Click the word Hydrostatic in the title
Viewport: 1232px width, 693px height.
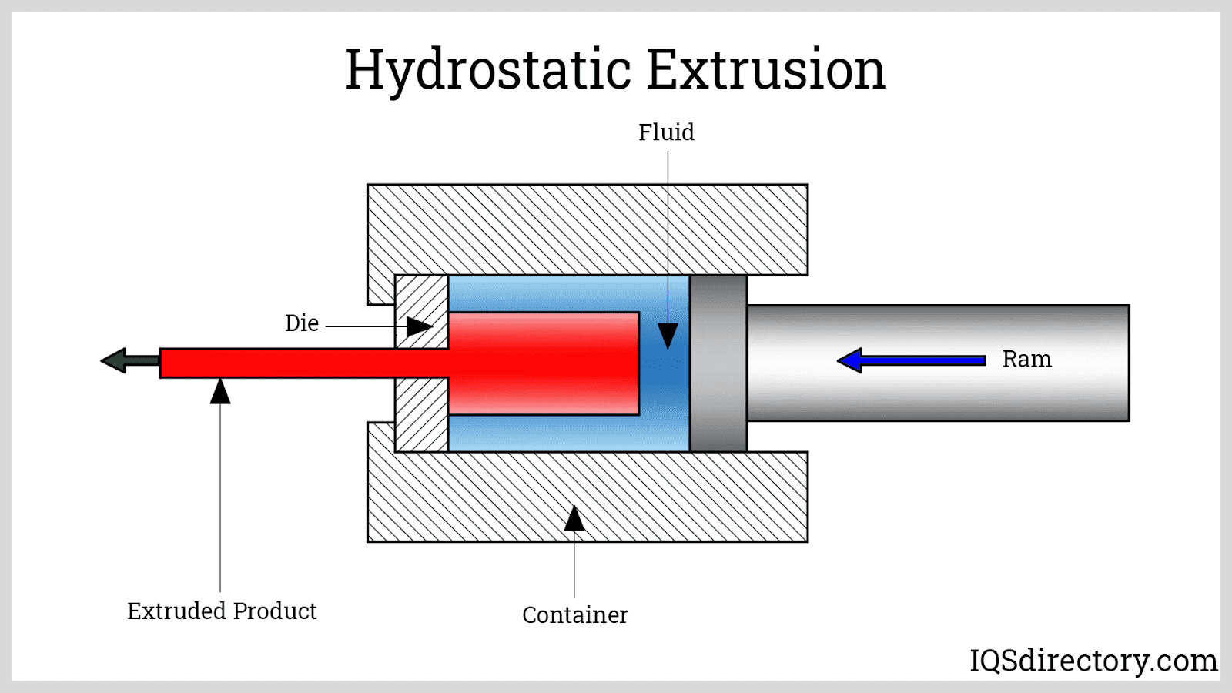point(488,70)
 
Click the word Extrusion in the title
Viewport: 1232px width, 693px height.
point(766,70)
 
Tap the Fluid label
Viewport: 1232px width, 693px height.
point(666,132)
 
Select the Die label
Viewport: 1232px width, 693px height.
point(302,323)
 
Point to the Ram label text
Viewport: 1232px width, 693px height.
point(1026,359)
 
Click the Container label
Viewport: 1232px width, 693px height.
point(574,614)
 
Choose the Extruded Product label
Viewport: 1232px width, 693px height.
point(222,611)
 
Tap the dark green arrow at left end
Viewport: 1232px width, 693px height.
point(127,360)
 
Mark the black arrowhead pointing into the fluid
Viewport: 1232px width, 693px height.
point(668,335)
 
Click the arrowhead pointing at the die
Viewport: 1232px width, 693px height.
point(418,326)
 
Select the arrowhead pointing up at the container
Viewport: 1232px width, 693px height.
point(574,519)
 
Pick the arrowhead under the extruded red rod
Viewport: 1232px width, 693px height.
point(220,391)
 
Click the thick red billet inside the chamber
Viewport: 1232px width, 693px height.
point(544,363)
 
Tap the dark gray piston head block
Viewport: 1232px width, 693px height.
point(718,363)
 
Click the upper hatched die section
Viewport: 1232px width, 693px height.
point(421,304)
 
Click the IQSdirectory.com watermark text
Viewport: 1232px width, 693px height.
point(1093,660)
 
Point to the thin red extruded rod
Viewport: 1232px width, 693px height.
point(293,363)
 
